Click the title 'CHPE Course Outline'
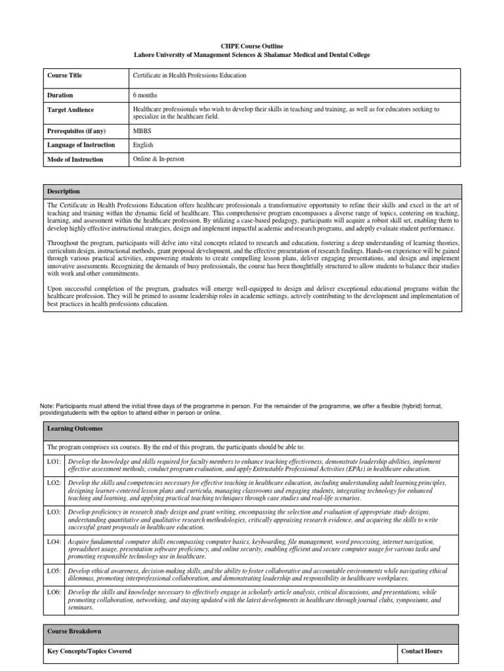[x=251, y=46]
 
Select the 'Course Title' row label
[x=65, y=75]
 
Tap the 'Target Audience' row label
[x=71, y=109]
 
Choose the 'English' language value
[x=144, y=145]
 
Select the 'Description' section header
[x=64, y=191]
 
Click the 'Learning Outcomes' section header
[x=75, y=429]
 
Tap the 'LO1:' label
[x=55, y=462]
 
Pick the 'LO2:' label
[x=55, y=482]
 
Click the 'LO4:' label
[x=55, y=542]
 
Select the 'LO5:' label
[x=55, y=571]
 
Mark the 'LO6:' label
[x=55, y=592]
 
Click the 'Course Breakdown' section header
[x=74, y=631]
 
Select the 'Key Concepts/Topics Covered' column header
[x=90, y=651]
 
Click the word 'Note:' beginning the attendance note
[x=49, y=406]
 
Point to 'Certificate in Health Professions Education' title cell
[x=190, y=75]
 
